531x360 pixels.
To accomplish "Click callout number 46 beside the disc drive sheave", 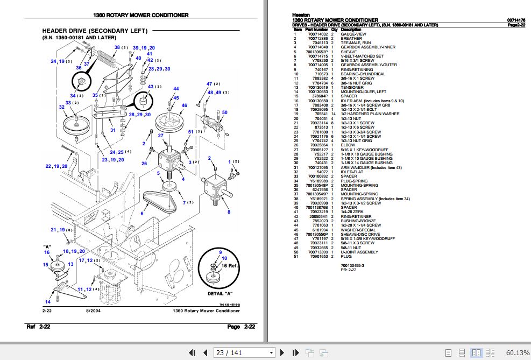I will pyautogui.click(x=184, y=105).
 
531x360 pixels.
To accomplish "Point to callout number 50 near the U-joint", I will pyautogui.click(x=224, y=112).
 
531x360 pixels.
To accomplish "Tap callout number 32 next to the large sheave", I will pyautogui.click(x=62, y=108).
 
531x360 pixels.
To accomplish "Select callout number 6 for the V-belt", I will pyautogui.click(x=142, y=214).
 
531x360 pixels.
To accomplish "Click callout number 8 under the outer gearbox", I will pyautogui.click(x=229, y=213).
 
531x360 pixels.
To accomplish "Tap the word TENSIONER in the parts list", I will pyautogui.click(x=352, y=87).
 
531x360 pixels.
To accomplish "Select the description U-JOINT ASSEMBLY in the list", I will pyautogui.click(x=359, y=252).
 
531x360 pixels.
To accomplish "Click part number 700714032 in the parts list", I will pyautogui.click(x=317, y=34).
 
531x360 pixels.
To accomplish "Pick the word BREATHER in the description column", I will pyautogui.click(x=351, y=38).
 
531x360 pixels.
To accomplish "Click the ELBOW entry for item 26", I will pyautogui.click(x=348, y=145).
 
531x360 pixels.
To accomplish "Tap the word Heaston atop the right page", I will pyautogui.click(x=300, y=15).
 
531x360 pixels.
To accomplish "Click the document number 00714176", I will pyautogui.click(x=516, y=20).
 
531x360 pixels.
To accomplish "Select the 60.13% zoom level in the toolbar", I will pyautogui.click(x=517, y=352).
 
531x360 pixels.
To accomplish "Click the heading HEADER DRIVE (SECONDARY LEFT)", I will pyautogui.click(x=94, y=31).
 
